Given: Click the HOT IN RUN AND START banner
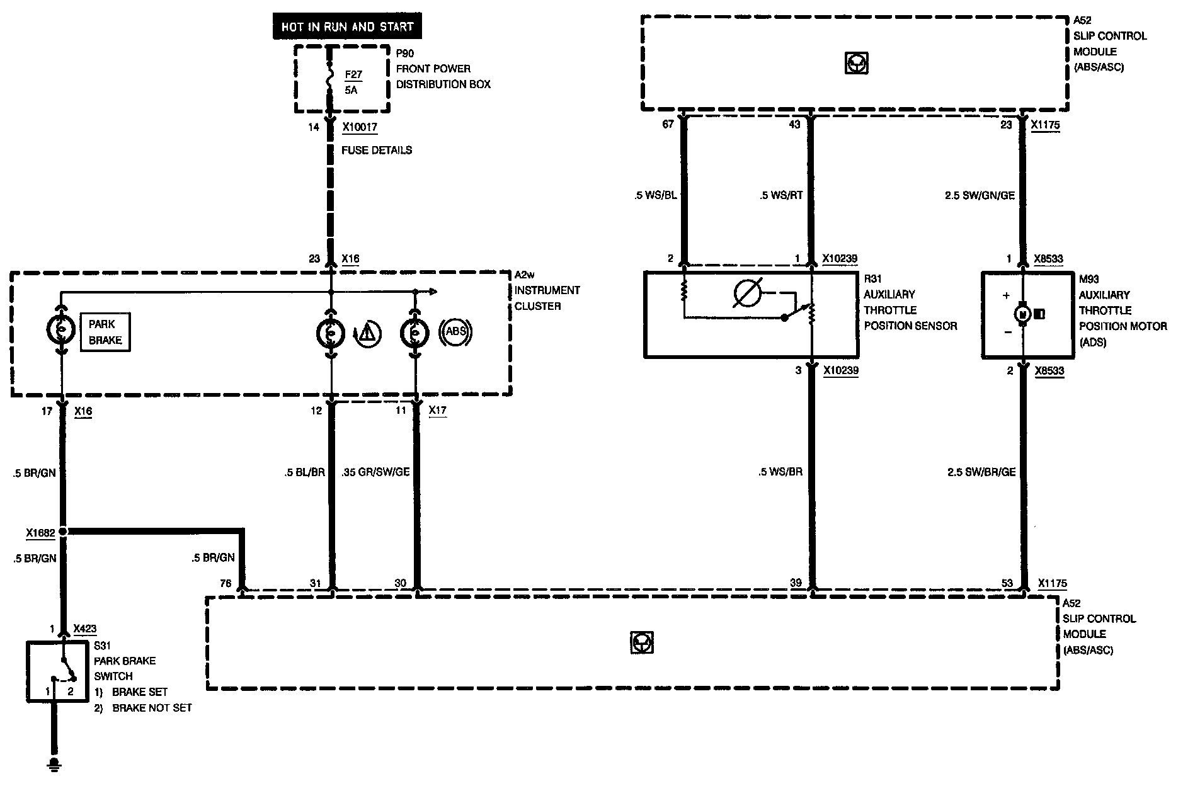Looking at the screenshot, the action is pos(347,27).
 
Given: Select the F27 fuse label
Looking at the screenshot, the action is pos(353,74).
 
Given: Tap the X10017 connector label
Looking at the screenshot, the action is pos(360,127).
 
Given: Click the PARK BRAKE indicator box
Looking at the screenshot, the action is pos(105,332).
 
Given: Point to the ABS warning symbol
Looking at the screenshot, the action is pos(455,331).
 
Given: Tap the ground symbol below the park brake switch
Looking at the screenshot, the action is pos(55,765).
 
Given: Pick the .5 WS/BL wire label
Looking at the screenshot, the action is pos(656,195).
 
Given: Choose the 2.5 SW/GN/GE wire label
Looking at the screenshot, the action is pos(980,195).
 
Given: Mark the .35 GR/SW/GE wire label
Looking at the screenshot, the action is pos(375,472).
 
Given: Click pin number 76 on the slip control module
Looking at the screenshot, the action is pos(226,583).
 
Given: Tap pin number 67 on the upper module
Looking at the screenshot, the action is pos(668,125).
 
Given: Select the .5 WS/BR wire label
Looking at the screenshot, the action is pos(781,472).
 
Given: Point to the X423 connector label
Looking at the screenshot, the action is pos(85,629).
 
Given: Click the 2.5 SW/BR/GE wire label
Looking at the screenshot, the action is pos(981,472).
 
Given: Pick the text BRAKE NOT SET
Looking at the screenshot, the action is pos(152,708).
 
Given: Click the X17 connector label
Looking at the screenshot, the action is pos(437,411).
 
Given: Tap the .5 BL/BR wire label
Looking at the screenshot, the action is pos(304,472).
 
